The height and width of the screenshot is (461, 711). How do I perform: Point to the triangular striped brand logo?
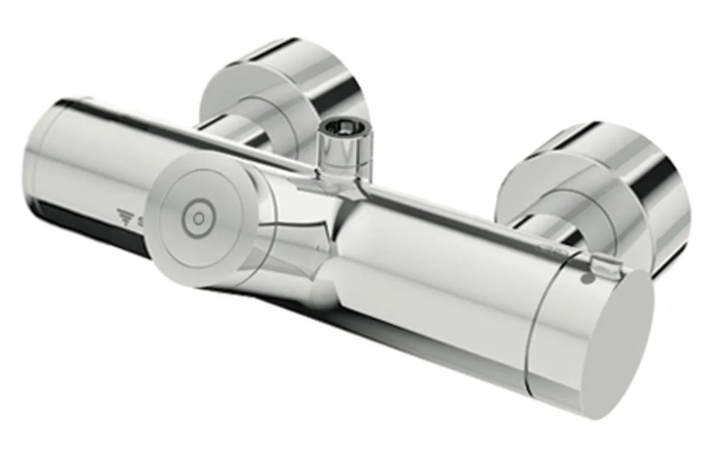[x=125, y=215]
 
